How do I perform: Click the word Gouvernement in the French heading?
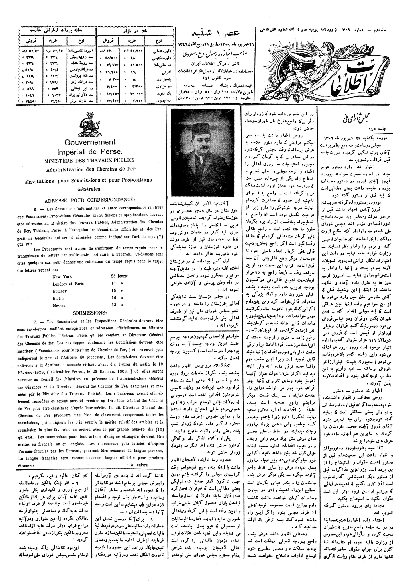tap(90, 142)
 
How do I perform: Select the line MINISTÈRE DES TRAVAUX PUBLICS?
tap(89, 161)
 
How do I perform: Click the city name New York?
tap(62, 276)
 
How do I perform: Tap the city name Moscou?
tap(59, 305)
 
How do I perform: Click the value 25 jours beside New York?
tap(119, 276)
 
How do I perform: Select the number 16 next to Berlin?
tap(114, 298)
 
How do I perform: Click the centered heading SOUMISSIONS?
tap(89, 313)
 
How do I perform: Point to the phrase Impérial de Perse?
tap(90, 151)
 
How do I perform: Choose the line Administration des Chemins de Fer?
tap(90, 169)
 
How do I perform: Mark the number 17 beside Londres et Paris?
tap(114, 284)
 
